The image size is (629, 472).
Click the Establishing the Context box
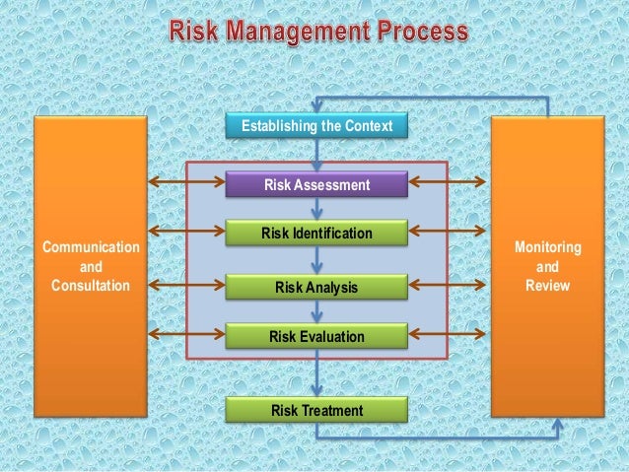[315, 126]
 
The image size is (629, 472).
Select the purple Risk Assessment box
[316, 184]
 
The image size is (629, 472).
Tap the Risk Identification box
[316, 234]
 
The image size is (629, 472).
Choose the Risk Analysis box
[316, 288]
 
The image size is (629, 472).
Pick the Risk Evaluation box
[316, 337]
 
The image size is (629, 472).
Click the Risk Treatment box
[316, 410]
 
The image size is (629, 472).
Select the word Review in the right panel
[547, 286]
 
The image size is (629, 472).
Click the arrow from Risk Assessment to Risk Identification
[316, 209]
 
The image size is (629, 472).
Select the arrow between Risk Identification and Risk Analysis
[316, 261]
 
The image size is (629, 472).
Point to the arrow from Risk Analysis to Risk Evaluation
[316, 312]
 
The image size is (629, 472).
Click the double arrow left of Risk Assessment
[187, 181]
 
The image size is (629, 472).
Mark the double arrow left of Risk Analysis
[187, 285]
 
